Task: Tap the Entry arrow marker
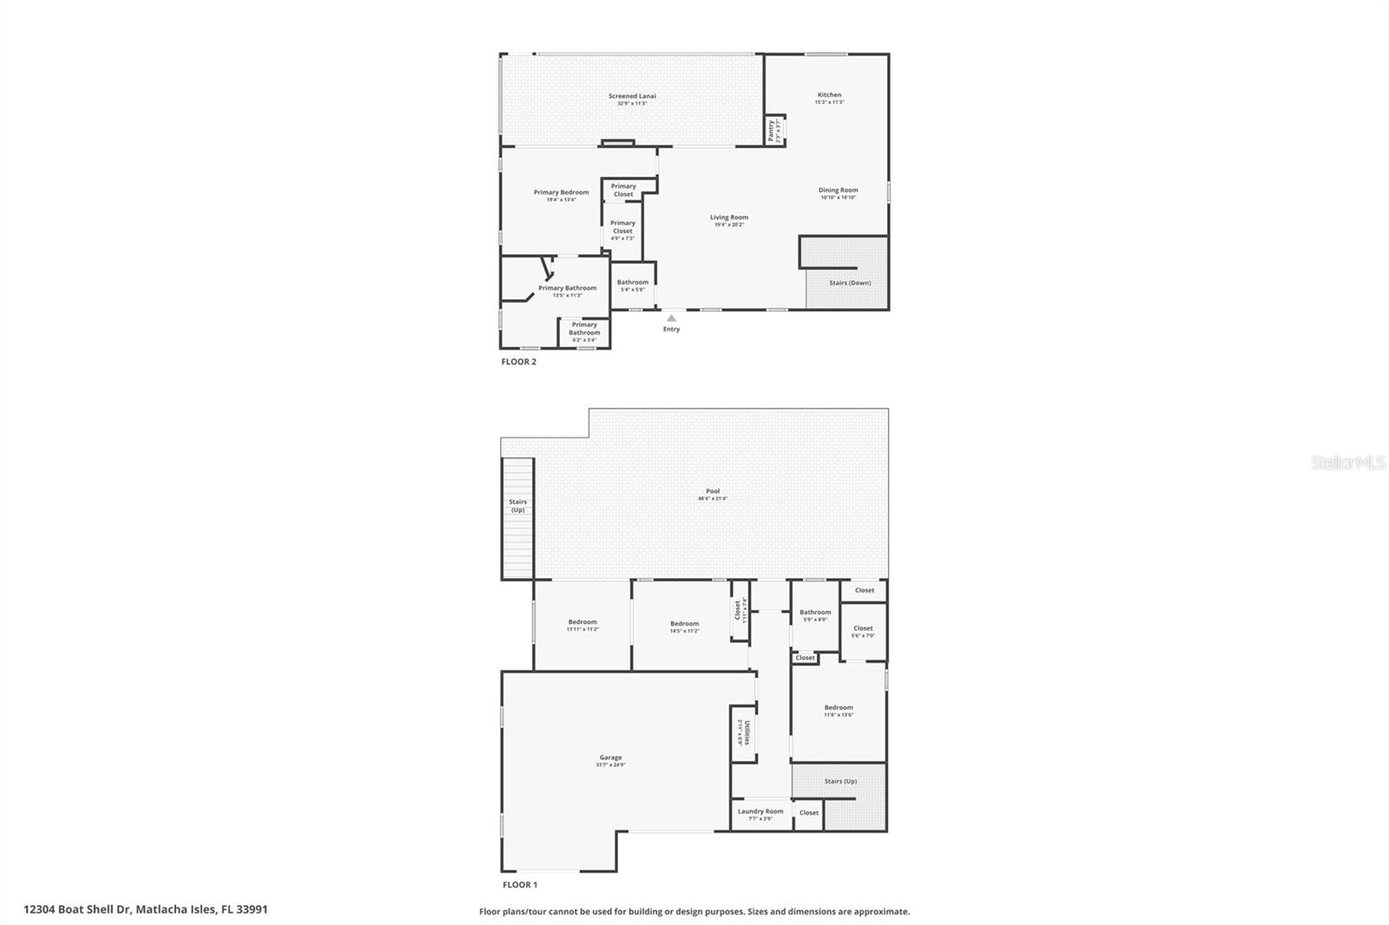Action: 671,318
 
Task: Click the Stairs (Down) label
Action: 850,283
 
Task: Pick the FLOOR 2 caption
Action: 518,362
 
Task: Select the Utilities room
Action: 743,732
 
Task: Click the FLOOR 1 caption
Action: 520,885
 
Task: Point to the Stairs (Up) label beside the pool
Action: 517,506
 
